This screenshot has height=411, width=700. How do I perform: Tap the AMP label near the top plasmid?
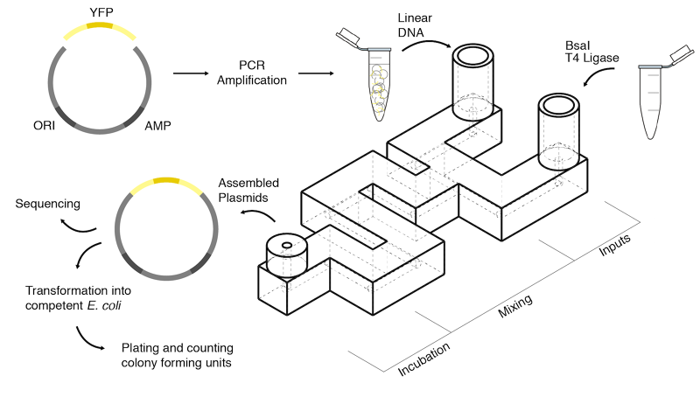coord(158,124)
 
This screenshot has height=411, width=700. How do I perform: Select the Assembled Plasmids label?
coord(248,190)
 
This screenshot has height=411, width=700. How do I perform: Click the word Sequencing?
coord(48,204)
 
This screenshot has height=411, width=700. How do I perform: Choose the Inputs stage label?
coord(613,245)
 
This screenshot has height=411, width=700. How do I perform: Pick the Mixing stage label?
coord(515,303)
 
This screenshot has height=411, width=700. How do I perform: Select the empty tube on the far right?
coord(657,101)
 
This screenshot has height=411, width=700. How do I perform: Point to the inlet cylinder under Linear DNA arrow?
coord(473,74)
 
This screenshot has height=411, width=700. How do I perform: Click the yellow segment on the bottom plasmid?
coord(166,182)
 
